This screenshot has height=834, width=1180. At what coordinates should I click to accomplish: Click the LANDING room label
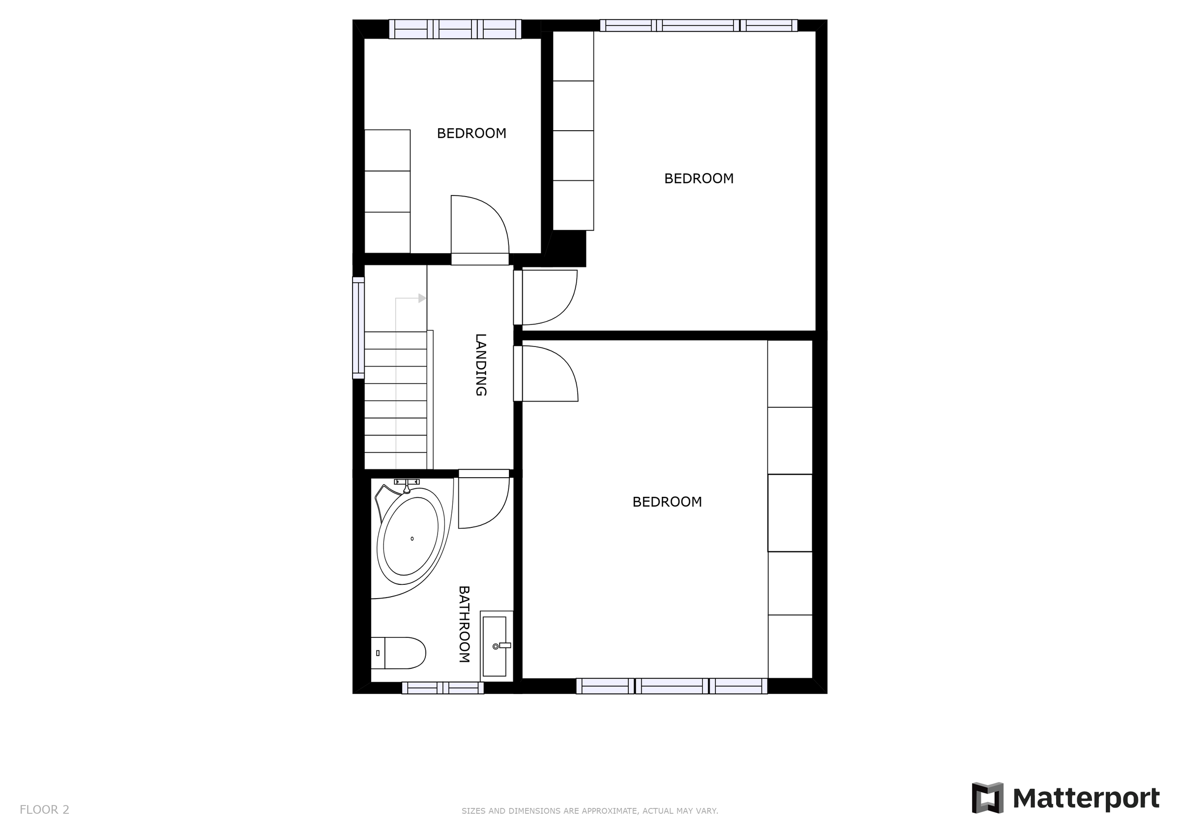pos(480,365)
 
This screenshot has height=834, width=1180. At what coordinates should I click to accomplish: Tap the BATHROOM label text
pos(464,624)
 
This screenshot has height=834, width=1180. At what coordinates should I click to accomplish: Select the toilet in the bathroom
pos(399,653)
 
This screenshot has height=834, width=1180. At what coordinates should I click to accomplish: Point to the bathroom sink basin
pos(495,646)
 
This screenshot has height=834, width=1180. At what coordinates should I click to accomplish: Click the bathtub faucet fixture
pos(407,483)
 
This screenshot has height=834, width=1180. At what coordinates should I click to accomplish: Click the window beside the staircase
pos(358,328)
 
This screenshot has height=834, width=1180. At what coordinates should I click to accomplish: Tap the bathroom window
pos(442,688)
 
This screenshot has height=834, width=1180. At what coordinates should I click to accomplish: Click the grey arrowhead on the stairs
pos(422,298)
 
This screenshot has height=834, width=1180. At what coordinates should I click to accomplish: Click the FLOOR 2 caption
pos(44,810)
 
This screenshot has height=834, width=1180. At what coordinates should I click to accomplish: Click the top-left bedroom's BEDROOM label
pos(472,134)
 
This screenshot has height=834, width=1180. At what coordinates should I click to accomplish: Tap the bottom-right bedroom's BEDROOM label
pos(667,502)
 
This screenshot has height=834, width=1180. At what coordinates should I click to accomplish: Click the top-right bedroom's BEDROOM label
pos(699,179)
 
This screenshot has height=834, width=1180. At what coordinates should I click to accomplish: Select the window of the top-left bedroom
pos(455,29)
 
